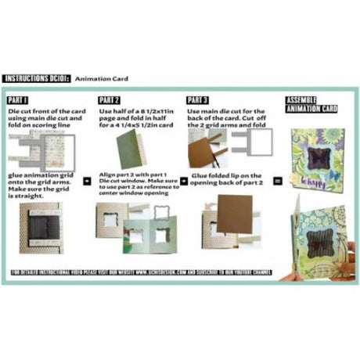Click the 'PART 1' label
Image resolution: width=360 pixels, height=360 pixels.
click(x=18, y=101)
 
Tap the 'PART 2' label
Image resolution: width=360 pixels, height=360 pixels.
click(x=109, y=101)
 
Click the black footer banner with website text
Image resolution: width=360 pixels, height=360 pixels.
click(x=179, y=273)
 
